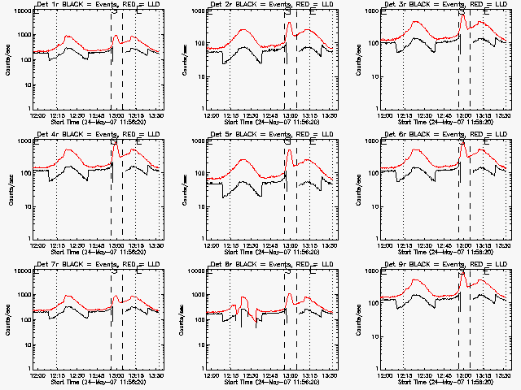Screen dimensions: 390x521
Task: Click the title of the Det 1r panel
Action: (x=96, y=5)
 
